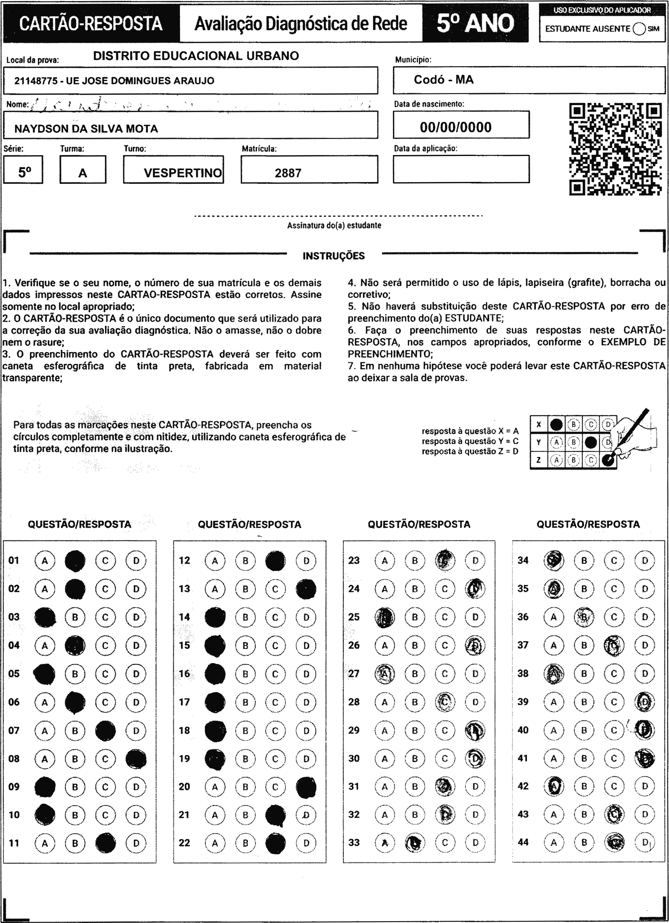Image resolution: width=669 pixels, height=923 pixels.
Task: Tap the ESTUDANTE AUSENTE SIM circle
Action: (639, 29)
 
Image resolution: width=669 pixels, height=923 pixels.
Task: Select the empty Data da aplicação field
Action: (461, 169)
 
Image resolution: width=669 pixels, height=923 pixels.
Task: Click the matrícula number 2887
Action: (288, 173)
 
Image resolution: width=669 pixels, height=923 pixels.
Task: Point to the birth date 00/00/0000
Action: (456, 127)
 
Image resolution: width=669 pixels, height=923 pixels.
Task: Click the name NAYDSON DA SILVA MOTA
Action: (86, 129)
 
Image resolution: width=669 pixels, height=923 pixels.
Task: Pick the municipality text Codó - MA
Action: (443, 80)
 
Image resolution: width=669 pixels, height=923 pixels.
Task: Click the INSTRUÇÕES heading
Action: (334, 256)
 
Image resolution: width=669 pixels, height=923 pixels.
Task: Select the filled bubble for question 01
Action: (75, 561)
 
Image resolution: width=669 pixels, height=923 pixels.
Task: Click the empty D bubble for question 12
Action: (306, 561)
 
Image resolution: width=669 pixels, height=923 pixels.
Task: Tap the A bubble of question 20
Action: (215, 787)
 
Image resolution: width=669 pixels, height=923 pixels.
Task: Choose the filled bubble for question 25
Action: (384, 617)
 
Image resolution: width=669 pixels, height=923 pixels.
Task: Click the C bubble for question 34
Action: (614, 561)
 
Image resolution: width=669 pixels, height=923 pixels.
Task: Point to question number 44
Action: (523, 842)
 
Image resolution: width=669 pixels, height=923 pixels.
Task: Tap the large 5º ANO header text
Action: (475, 23)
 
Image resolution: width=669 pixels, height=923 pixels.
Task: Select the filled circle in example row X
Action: (556, 425)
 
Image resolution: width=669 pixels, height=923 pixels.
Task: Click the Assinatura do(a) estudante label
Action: (334, 226)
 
